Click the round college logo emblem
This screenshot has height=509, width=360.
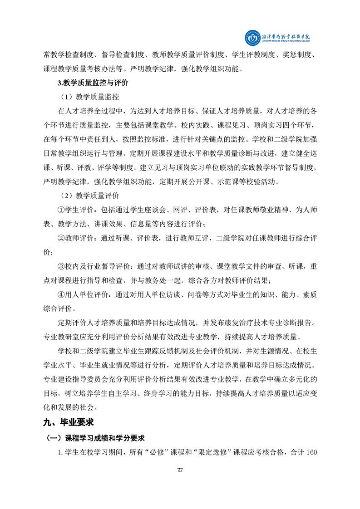pyautogui.click(x=251, y=38)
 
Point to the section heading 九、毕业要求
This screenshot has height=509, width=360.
pyautogui.click(x=68, y=422)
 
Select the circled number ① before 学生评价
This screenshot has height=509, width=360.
pyautogui.click(x=62, y=210)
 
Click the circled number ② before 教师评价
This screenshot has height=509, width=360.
pyautogui.click(x=62, y=238)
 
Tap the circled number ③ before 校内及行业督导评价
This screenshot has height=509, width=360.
pyautogui.click(x=62, y=266)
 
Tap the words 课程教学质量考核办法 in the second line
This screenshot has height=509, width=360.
pyautogui.click(x=79, y=69)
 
